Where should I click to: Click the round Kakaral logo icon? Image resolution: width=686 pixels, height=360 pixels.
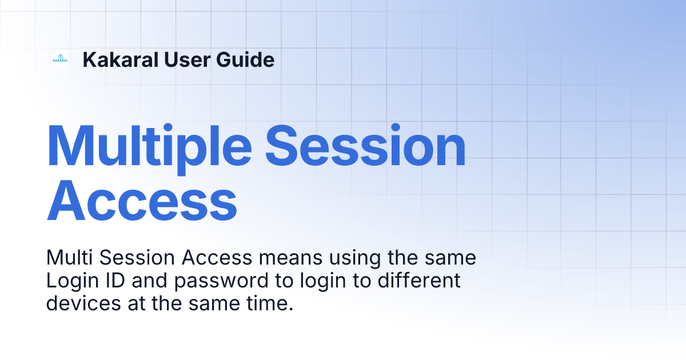(60, 59)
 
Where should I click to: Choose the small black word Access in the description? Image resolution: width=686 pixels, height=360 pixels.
(217, 258)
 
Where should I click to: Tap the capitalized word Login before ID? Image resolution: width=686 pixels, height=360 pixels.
(71, 282)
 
